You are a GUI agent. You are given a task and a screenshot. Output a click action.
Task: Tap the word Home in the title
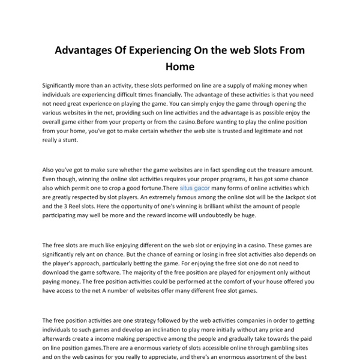coord(180,67)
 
